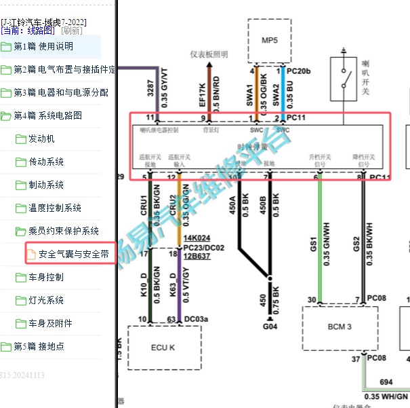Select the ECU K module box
163,347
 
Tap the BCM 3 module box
339,327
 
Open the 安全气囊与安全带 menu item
73,255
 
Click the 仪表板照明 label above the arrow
209,55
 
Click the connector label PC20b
298,71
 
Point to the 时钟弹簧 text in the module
251,146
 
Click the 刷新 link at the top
71,31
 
